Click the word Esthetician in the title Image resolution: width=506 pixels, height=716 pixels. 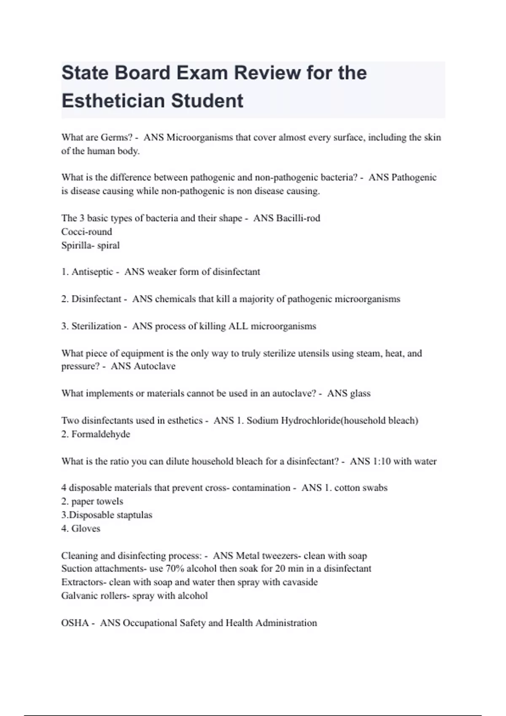(x=107, y=101)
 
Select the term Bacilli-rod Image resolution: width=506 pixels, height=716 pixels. (x=298, y=218)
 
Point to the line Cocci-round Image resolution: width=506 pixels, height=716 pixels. (x=86, y=232)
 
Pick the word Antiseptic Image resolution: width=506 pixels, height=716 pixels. (x=92, y=272)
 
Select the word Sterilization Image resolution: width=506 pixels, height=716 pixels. (x=96, y=326)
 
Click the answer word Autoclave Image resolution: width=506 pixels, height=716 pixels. (x=154, y=366)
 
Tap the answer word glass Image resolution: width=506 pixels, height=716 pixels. (x=360, y=393)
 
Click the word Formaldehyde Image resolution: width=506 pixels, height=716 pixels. (x=101, y=434)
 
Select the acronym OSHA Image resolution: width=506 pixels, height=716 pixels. (x=75, y=623)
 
